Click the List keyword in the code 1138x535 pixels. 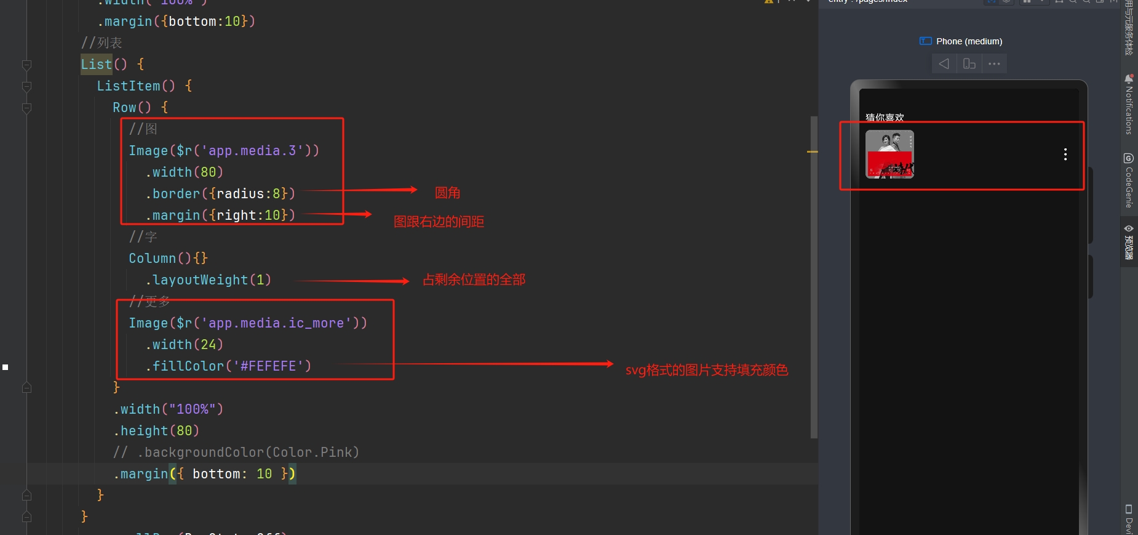[96, 64]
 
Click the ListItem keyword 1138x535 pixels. [128, 86]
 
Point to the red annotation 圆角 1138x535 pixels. [447, 193]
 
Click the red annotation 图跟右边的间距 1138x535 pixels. [439, 222]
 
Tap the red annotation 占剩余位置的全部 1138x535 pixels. [474, 280]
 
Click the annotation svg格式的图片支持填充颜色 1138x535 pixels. [706, 370]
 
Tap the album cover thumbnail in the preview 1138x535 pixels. [889, 154]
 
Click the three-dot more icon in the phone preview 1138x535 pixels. [1065, 154]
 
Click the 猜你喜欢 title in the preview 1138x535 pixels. [885, 117]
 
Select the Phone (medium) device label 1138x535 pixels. [969, 41]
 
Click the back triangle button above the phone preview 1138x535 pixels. [944, 63]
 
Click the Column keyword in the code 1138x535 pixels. [152, 258]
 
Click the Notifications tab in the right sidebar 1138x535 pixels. [1129, 105]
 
